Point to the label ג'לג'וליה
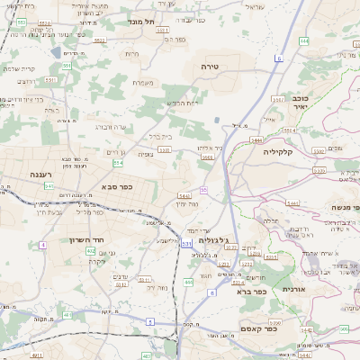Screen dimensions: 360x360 click(238, 239)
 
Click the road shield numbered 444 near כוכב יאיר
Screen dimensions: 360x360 click(303, 40)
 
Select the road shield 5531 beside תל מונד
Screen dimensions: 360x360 click(163, 30)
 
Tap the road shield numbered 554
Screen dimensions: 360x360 click(117, 163)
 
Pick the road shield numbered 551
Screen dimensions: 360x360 click(50, 79)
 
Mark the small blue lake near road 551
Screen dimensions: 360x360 click(56, 52)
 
